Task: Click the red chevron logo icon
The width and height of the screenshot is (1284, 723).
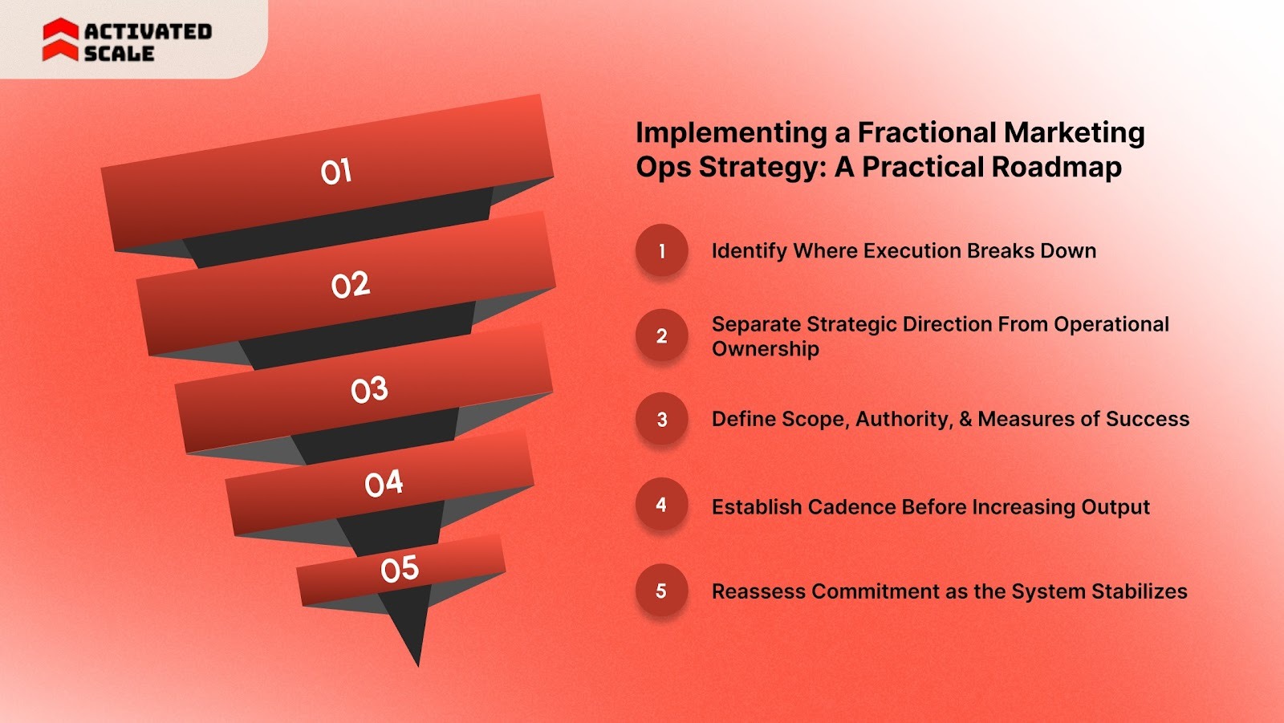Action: [x=60, y=40]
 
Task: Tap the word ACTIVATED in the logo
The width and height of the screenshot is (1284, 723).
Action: [x=148, y=31]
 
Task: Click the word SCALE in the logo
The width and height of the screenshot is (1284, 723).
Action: [x=119, y=54]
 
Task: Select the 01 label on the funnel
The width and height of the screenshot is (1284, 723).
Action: [x=336, y=172]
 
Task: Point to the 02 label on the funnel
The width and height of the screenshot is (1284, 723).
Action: [x=351, y=285]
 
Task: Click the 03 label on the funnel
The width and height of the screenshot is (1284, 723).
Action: [x=369, y=390]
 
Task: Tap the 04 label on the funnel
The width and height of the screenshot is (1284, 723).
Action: [x=384, y=483]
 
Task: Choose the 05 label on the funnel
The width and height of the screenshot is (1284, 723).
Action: [x=400, y=569]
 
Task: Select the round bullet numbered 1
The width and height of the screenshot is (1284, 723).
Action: [x=662, y=250]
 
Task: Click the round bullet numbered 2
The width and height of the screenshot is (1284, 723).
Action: [x=662, y=335]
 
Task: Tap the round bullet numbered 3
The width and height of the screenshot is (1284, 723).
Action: [x=662, y=419]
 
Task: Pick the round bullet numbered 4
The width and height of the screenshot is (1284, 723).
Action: [x=662, y=505]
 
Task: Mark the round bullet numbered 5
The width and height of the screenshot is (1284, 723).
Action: [x=662, y=591]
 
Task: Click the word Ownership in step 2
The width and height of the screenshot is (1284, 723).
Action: [x=766, y=349]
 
